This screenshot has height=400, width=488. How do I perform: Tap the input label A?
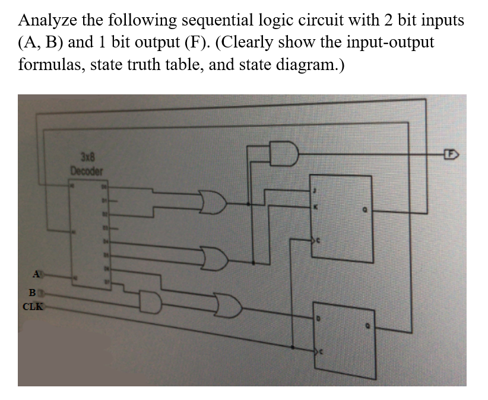[x=37, y=274]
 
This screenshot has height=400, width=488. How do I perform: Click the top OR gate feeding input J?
[x=213, y=204]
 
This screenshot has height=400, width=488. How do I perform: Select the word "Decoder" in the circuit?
[x=87, y=170]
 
